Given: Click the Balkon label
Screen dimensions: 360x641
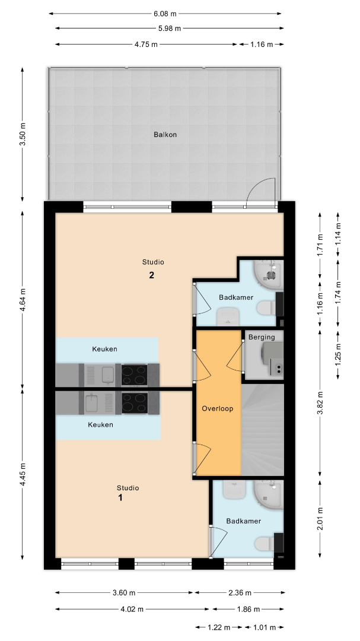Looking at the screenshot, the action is pos(165,134).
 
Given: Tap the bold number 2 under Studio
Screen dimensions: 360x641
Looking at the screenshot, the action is pos(152,275).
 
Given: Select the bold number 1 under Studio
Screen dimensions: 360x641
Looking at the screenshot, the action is pos(120,497).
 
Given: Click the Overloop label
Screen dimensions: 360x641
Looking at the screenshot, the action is pos(218,408).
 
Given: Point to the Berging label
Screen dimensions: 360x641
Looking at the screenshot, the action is pos(262,337).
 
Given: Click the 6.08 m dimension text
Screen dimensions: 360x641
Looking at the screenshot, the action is pos(165,14).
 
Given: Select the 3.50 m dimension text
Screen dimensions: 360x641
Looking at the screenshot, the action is pos(23,134).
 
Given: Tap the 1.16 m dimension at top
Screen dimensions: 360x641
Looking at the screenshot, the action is pos(262,45).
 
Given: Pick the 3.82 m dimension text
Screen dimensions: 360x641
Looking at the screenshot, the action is pos(320,403).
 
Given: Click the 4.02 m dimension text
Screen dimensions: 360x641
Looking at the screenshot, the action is pos(132,609).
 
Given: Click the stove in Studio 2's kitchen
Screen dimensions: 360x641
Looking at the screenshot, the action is pos(134,375).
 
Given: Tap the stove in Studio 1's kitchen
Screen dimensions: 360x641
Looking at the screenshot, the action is pos(135,402).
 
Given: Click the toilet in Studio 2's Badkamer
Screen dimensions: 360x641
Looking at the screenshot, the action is pos(267,308).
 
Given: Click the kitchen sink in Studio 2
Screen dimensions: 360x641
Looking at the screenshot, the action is pos(108,375).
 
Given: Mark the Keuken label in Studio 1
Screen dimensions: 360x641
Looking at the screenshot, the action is pos(100,425).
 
